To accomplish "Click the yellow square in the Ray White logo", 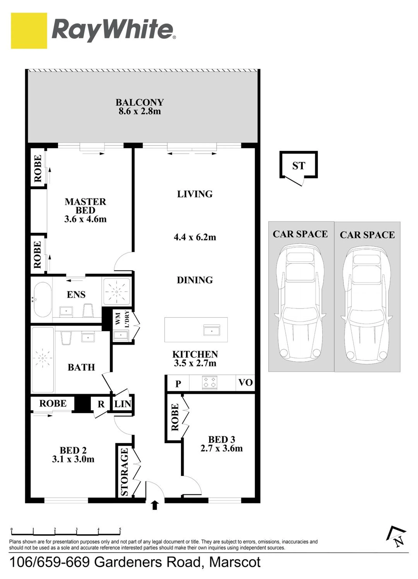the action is tap(29, 31).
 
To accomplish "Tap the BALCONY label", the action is tap(140, 102).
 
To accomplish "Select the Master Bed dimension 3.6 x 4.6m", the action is tap(85, 219).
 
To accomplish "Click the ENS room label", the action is tap(76, 294).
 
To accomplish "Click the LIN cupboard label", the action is tap(123, 404).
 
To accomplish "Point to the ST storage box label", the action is tap(299, 166).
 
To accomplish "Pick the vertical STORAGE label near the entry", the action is tap(124, 472).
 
